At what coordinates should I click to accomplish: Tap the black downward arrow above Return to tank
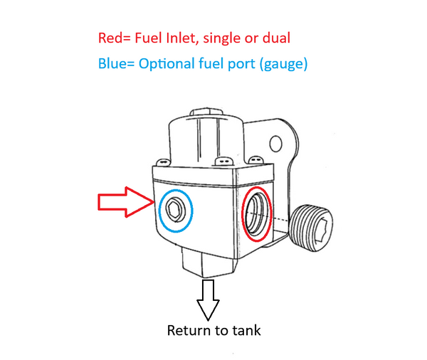pyautogui.click(x=209, y=299)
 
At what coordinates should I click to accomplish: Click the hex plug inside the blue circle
pyautogui.click(x=175, y=210)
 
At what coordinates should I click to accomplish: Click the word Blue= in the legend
pyautogui.click(x=115, y=64)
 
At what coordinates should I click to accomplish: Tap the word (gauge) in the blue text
pyautogui.click(x=284, y=65)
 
